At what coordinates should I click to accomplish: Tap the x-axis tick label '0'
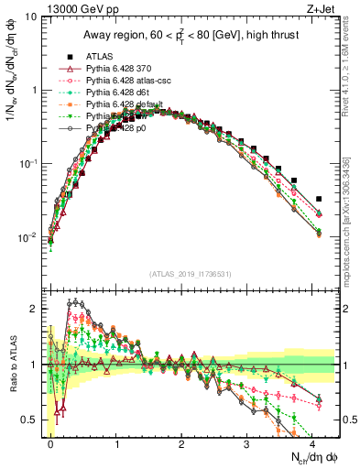[50, 442]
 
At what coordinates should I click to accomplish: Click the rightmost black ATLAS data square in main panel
[319, 199]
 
